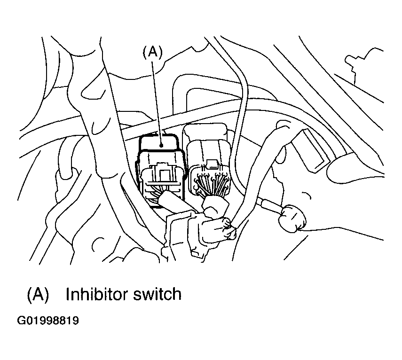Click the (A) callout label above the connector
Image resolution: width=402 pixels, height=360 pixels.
click(152, 52)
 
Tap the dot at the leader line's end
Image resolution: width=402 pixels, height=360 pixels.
click(161, 146)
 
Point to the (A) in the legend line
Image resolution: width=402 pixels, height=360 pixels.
click(38, 294)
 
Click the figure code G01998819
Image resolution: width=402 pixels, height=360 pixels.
click(47, 321)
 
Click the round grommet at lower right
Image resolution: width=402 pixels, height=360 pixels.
click(293, 219)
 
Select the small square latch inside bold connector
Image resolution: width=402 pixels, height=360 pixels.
click(163, 175)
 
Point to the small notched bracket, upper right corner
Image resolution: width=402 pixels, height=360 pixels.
click(363, 64)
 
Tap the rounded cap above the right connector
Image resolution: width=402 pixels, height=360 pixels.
click(205, 132)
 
